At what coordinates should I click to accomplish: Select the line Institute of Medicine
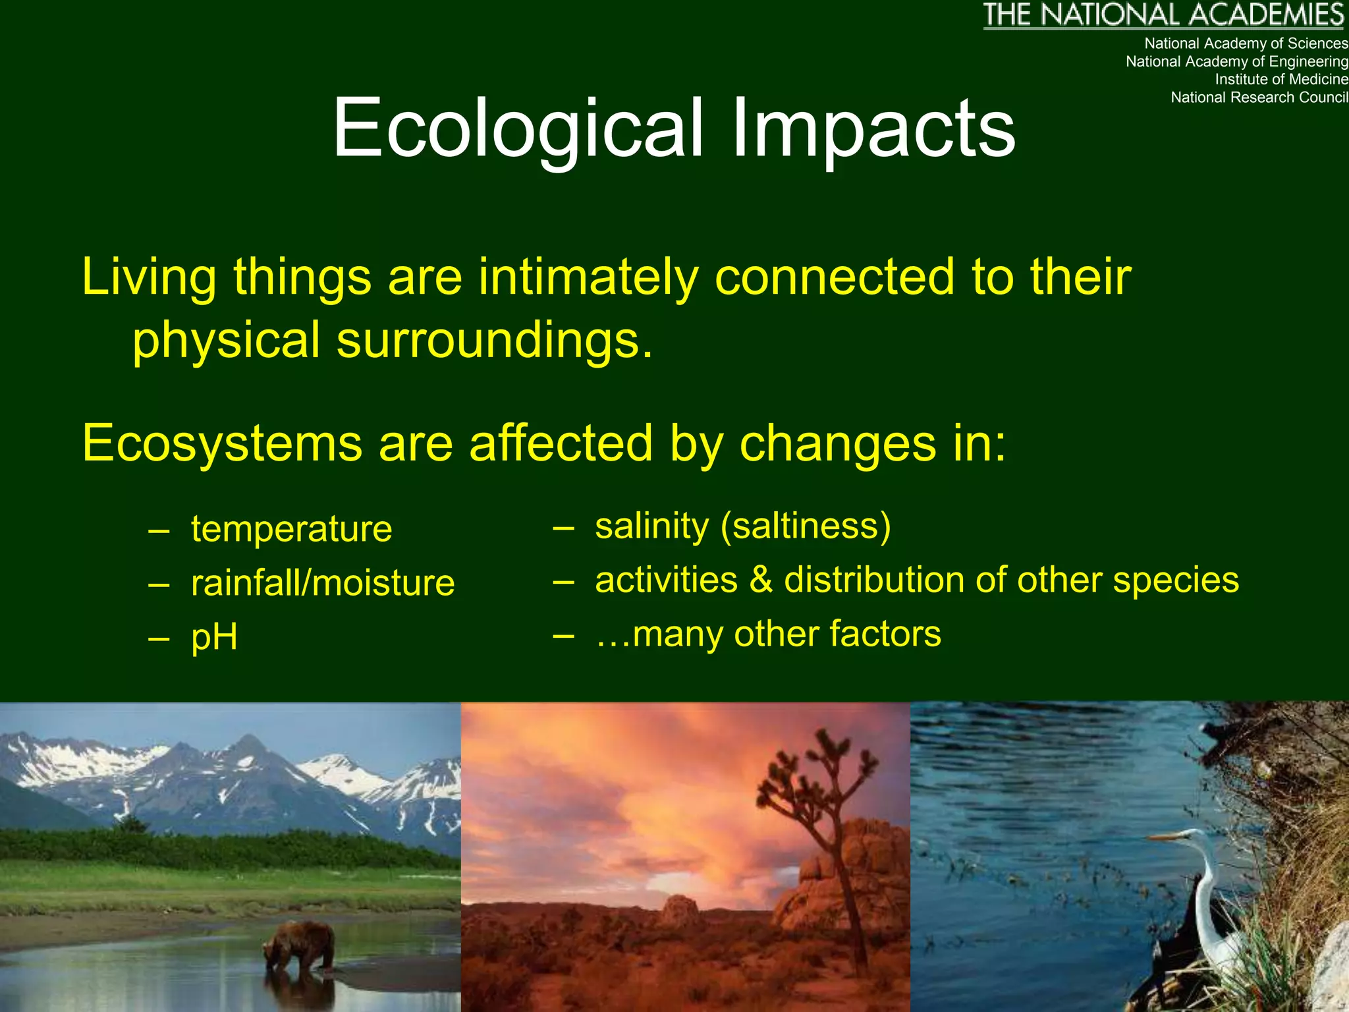[x=1280, y=80]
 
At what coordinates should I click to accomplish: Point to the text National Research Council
[x=1259, y=98]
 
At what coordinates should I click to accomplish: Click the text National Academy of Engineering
[x=1236, y=62]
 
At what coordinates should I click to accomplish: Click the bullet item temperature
[x=291, y=529]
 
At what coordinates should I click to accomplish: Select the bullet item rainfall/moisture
[x=322, y=583]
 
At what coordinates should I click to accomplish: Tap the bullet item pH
[x=214, y=637]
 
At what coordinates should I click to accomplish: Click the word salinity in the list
[x=651, y=526]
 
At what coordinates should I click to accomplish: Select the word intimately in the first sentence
[x=588, y=277]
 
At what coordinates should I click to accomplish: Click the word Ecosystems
[x=222, y=443]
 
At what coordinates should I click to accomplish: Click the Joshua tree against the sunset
[x=823, y=810]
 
